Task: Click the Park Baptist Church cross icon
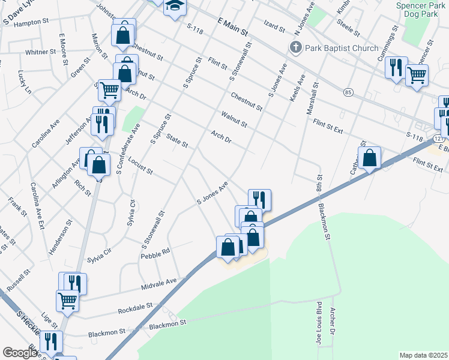[295, 47]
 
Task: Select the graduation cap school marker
[175, 7]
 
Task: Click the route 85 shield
[348, 92]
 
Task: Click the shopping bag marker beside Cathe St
[370, 158]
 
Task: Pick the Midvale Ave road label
[159, 283]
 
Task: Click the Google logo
[19, 353]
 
